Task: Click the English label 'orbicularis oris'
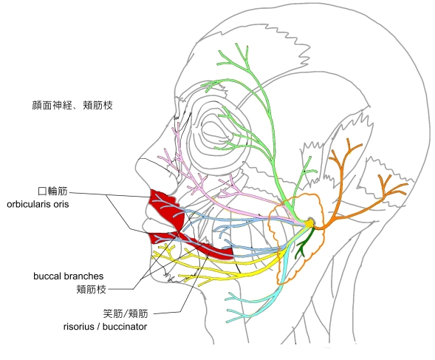click(x=38, y=205)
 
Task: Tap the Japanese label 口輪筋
click(x=52, y=191)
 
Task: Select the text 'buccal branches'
click(x=68, y=276)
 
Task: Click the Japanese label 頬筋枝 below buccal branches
click(x=92, y=290)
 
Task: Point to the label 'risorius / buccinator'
click(x=105, y=327)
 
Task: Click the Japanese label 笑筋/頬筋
click(x=126, y=313)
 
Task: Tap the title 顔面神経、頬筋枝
click(x=72, y=105)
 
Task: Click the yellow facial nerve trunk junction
click(x=309, y=223)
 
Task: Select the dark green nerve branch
click(x=304, y=243)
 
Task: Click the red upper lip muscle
click(x=166, y=207)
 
